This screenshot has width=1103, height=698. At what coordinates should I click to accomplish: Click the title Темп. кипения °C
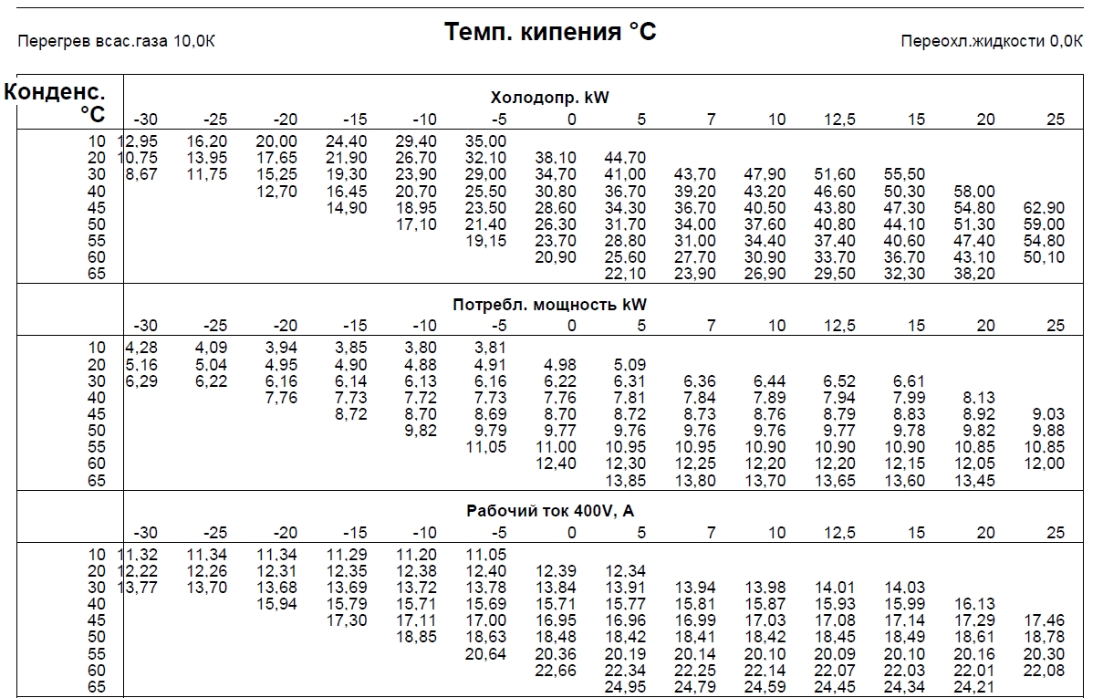(550, 32)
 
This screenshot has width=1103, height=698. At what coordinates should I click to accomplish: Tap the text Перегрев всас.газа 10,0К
(116, 41)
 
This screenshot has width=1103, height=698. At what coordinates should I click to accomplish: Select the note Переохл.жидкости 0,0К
(992, 41)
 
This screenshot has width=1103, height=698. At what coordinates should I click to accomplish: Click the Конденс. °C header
(55, 102)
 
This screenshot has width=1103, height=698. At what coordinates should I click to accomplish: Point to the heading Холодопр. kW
(549, 97)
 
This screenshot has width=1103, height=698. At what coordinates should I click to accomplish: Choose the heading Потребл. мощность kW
(549, 305)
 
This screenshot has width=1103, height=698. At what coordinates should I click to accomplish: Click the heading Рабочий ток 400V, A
(550, 511)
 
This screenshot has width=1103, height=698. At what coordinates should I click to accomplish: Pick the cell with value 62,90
(1044, 207)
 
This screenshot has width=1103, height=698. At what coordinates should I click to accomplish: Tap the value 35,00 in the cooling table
(485, 141)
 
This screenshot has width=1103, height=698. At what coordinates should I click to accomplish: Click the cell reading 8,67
(141, 174)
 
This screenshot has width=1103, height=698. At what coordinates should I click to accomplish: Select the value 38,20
(974, 274)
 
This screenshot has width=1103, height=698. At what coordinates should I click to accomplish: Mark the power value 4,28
(141, 348)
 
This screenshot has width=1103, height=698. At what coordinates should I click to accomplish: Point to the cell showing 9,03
(1048, 413)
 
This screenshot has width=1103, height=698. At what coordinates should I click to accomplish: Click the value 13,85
(625, 480)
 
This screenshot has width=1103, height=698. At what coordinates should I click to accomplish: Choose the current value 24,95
(625, 687)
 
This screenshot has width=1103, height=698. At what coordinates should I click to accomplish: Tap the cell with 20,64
(485, 654)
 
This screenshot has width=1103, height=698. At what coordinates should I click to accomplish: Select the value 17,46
(1044, 620)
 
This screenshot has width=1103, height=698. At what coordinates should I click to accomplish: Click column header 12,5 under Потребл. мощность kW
(839, 326)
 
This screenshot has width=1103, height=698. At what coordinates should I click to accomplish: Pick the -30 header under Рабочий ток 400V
(145, 533)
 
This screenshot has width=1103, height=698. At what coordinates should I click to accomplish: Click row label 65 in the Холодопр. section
(97, 274)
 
